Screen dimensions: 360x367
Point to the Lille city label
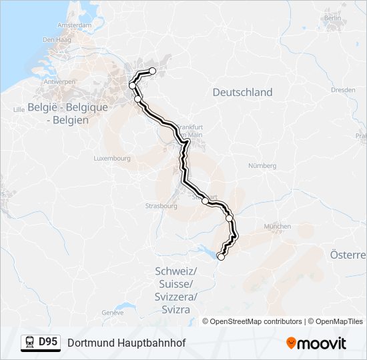pyautogui.click(x=15, y=107)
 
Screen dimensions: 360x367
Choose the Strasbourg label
pyautogui.click(x=161, y=206)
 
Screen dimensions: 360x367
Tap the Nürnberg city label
pyautogui.click(x=262, y=165)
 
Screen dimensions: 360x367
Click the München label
pyautogui.click(x=277, y=227)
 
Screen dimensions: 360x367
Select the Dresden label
pyautogui.click(x=342, y=89)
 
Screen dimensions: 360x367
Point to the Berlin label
pyautogui.click(x=332, y=18)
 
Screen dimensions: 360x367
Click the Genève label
pyautogui.click(x=113, y=312)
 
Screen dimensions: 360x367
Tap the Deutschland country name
pyautogui.click(x=242, y=93)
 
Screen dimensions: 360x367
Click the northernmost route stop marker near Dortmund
pyautogui.click(x=152, y=71)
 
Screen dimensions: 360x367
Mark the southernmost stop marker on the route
pyautogui.click(x=221, y=256)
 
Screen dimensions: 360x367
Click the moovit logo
pyautogui.click(x=316, y=343)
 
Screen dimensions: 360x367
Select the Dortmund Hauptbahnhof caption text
pyautogui.click(x=126, y=343)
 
